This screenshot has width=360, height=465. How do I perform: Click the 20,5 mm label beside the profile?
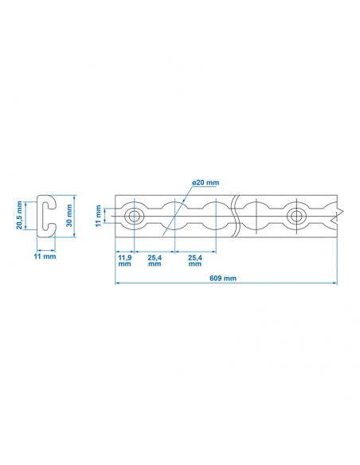[20, 215]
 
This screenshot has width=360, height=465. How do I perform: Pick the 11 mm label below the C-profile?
[45, 256]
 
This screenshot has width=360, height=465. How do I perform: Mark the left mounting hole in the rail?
[134, 215]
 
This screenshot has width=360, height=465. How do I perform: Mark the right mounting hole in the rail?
[297, 215]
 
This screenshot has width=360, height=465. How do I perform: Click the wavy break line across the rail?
[236, 215]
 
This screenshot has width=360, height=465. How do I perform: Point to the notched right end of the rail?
[338, 213]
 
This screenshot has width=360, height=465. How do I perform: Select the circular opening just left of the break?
[214, 215]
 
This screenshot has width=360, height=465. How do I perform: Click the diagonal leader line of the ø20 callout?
[184, 199]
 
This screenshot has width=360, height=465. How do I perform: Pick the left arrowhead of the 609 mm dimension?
[118, 283]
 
